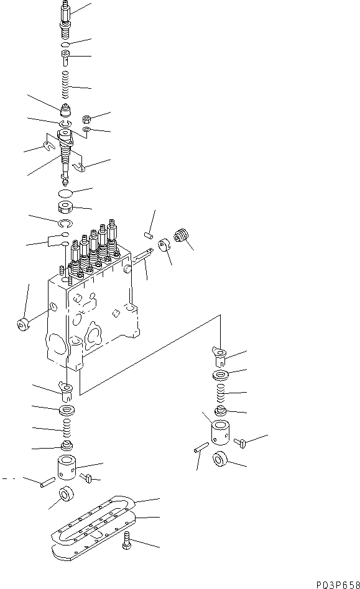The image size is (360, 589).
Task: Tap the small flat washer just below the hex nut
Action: [86, 129]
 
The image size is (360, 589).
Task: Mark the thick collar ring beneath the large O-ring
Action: [65, 208]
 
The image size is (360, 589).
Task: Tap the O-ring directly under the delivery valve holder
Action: [65, 44]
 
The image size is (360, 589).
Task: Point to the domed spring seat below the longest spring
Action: [65, 114]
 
